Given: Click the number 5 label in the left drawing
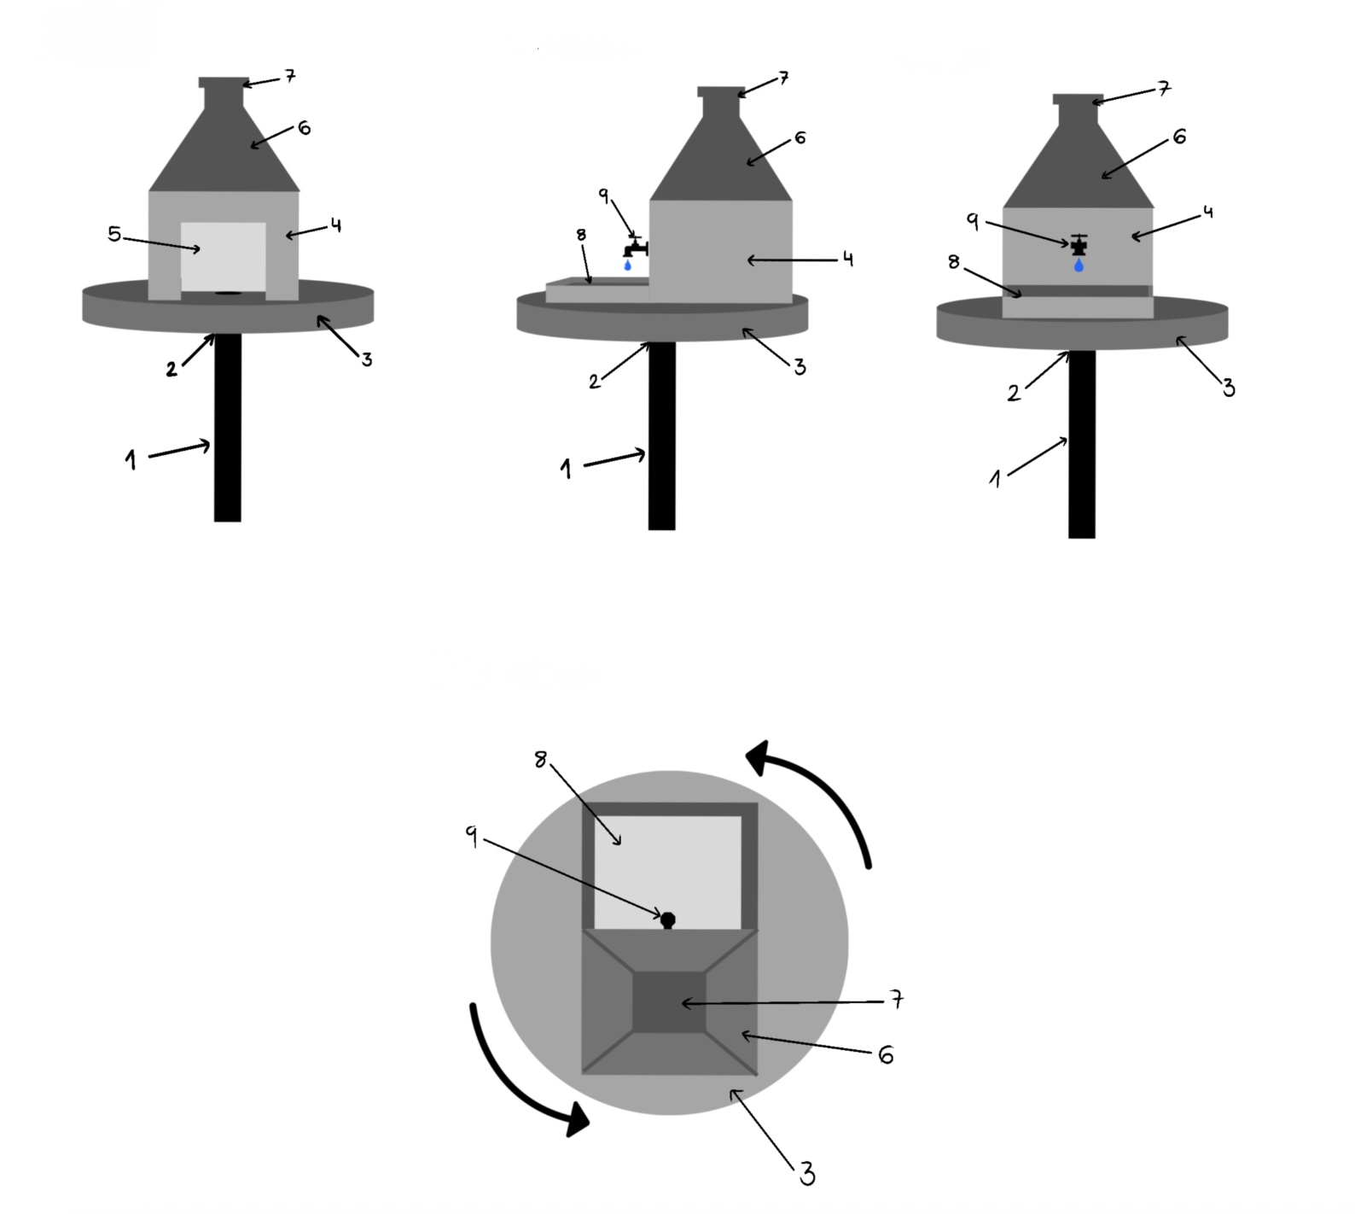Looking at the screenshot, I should (114, 234).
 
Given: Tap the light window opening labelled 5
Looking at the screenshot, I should (224, 255).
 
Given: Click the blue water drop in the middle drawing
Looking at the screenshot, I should (628, 266).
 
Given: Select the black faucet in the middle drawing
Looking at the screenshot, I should (635, 248).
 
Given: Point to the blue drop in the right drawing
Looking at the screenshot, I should (1079, 266).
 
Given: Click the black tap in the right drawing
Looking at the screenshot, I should (1079, 246).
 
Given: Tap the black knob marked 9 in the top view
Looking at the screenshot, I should (668, 919).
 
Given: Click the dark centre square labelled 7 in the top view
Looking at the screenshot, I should (669, 1002).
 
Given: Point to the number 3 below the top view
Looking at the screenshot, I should (807, 1175).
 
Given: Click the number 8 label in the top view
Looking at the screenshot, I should (540, 760).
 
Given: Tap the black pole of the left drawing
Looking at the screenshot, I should (228, 427).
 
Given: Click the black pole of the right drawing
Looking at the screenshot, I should (1081, 444).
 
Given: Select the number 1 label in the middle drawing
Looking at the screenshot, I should (566, 469).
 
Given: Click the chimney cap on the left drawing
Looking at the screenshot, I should (224, 83).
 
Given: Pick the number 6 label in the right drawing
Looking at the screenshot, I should (1179, 137).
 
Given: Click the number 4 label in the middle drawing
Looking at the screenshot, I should (847, 259).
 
